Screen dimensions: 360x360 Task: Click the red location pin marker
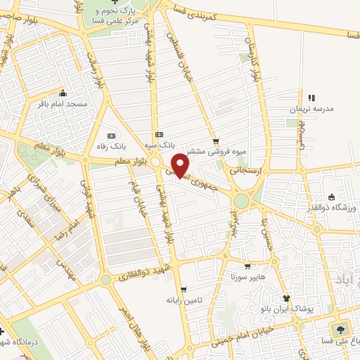pos(181,165)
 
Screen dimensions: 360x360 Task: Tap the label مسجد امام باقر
pos(63,104)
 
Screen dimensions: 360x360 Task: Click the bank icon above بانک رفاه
pos(110,136)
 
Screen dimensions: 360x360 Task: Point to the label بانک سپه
pos(160,144)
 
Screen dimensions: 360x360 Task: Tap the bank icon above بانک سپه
pos(159,134)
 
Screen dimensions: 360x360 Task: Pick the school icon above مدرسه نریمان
pos(311,98)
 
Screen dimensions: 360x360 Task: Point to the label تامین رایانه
pos(184,300)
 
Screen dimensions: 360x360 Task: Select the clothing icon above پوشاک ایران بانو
pos(285,298)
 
